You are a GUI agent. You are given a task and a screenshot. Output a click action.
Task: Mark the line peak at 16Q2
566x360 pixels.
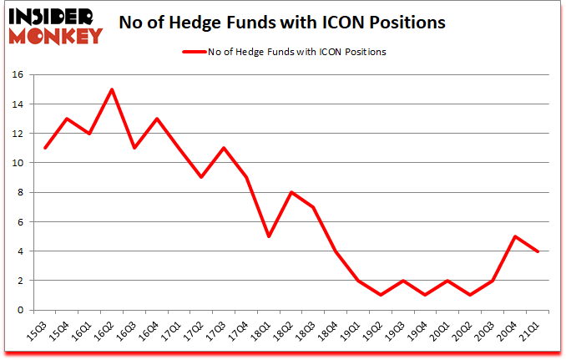coord(112,89)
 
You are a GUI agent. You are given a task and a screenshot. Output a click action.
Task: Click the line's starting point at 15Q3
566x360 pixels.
coord(45,148)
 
